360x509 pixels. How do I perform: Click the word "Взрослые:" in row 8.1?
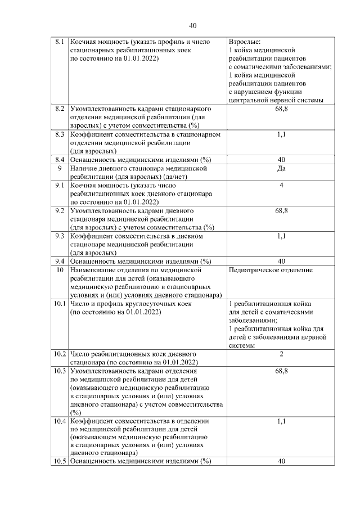tap(245, 42)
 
